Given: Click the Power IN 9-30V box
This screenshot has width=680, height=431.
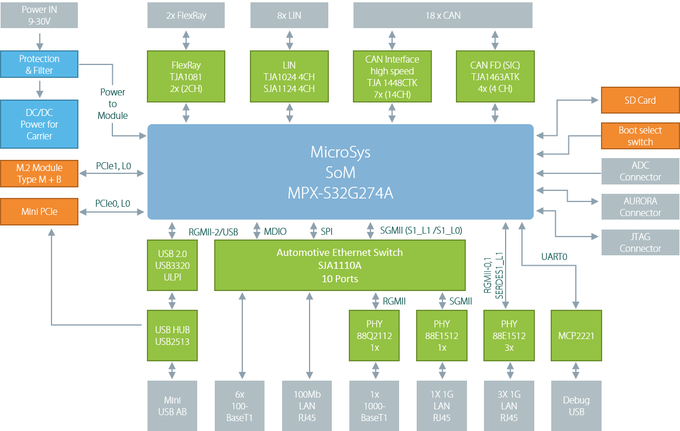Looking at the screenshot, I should [39, 16].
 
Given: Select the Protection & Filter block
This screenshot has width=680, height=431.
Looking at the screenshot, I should [39, 64].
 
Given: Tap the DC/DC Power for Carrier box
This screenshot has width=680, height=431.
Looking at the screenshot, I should [39, 124].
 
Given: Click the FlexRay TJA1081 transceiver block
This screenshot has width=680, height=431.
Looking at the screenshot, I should [186, 77].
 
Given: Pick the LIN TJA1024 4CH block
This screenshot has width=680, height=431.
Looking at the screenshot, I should [289, 77].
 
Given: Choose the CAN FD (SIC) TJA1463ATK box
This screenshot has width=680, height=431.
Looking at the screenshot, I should [494, 77].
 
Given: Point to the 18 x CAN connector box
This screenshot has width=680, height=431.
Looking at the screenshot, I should [443, 16].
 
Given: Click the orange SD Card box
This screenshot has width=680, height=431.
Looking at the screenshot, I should [640, 100].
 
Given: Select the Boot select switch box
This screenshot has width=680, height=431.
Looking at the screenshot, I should [640, 136].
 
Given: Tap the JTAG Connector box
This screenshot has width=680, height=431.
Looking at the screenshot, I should [640, 242].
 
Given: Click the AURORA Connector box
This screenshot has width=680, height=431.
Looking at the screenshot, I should [640, 207].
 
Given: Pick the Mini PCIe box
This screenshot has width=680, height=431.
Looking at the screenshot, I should [39, 211].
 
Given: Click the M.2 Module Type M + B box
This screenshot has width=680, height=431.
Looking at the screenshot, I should [39, 173].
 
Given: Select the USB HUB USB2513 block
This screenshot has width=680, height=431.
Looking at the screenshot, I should [172, 336].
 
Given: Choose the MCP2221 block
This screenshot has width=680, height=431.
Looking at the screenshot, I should [576, 336].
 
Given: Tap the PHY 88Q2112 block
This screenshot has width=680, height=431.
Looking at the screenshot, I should [375, 336].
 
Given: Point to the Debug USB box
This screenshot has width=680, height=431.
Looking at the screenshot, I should [576, 406].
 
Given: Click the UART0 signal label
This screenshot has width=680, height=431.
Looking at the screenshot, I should [554, 256].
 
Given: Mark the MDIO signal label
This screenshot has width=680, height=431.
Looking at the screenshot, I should [275, 232].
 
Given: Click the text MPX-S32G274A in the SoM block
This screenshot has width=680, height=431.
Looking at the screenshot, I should [340, 193].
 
